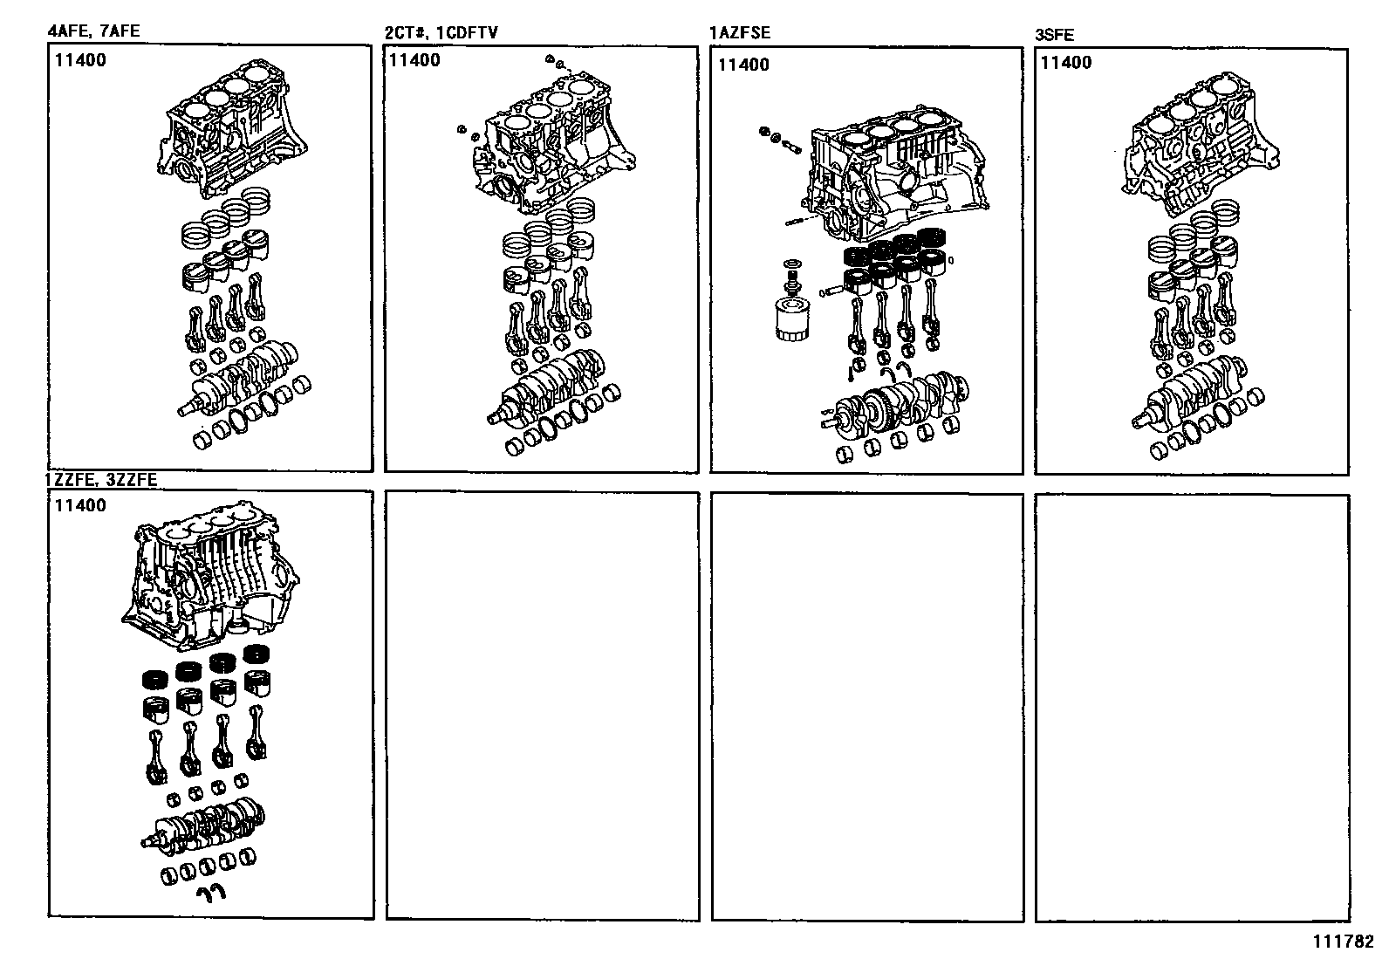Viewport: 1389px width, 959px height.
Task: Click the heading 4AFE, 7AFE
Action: [92, 32]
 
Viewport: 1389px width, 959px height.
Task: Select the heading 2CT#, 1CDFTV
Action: [441, 33]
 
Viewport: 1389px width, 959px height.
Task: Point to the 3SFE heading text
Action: [1054, 35]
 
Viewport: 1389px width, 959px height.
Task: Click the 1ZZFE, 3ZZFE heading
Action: [101, 480]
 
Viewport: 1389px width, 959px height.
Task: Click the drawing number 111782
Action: [1341, 943]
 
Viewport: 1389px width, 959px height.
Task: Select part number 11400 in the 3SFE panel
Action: [1066, 63]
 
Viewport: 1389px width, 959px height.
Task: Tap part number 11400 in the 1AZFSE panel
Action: [743, 65]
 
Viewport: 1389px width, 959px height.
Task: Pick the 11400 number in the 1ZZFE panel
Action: [80, 506]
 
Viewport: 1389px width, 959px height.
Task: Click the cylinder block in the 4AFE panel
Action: [234, 135]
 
